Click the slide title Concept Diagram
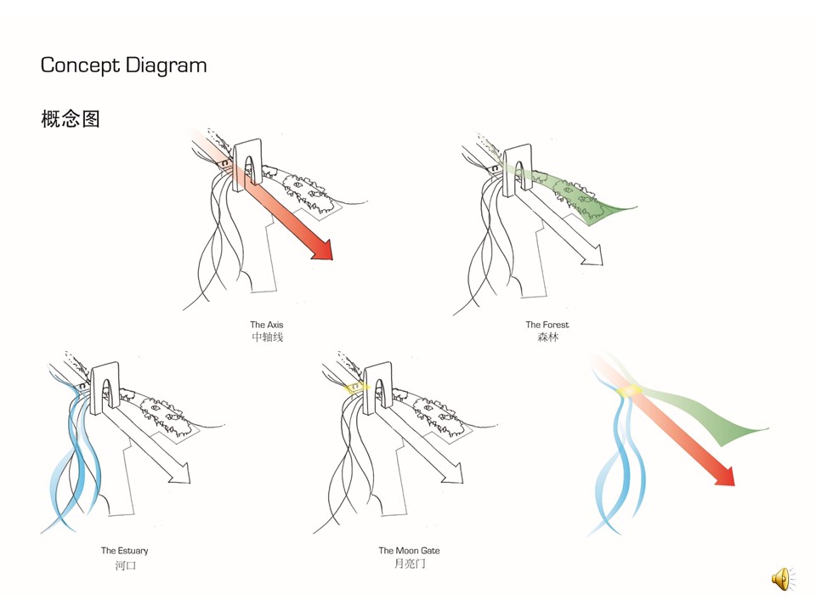(123, 65)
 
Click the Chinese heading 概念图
(71, 119)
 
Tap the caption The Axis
(266, 325)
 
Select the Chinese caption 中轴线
(267, 337)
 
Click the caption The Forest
(547, 325)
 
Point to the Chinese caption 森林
(547, 337)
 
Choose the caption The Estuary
(124, 551)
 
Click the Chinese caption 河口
(125, 564)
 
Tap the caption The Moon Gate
(409, 551)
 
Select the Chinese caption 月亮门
(409, 564)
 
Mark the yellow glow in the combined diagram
(631, 390)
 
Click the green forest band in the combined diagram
(714, 421)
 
